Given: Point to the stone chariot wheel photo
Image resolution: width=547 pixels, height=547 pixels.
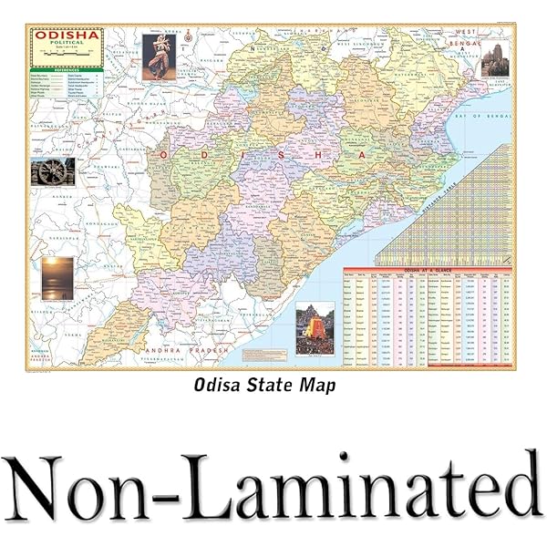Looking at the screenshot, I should (52, 170).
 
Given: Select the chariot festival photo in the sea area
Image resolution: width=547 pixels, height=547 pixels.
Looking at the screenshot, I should (314, 325).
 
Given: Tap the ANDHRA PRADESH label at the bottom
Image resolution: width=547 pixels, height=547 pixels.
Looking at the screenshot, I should (179, 350).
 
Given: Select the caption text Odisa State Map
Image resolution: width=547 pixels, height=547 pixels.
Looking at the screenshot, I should (265, 386).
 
